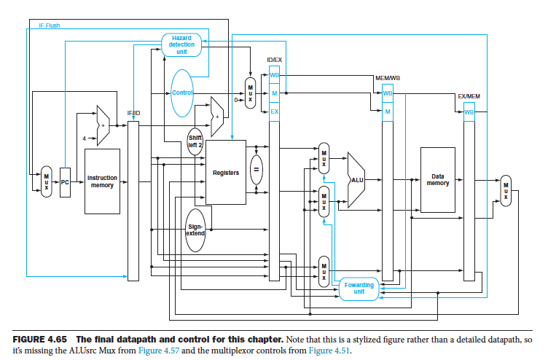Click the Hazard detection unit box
click(181, 44)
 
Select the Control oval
click(181, 93)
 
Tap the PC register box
click(65, 182)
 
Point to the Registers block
click(225, 173)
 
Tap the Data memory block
click(437, 179)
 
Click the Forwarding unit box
click(359, 289)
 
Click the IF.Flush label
click(50, 25)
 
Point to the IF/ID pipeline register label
click(134, 113)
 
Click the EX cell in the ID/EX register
click(274, 111)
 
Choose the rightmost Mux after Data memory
click(505, 189)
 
